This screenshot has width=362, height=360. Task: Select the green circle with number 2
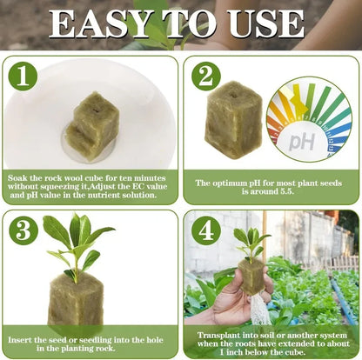pyautogui.click(x=205, y=77)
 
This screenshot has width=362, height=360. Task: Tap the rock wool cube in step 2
pyautogui.click(x=232, y=119)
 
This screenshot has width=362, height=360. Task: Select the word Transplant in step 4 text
pyautogui.click(x=224, y=331)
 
